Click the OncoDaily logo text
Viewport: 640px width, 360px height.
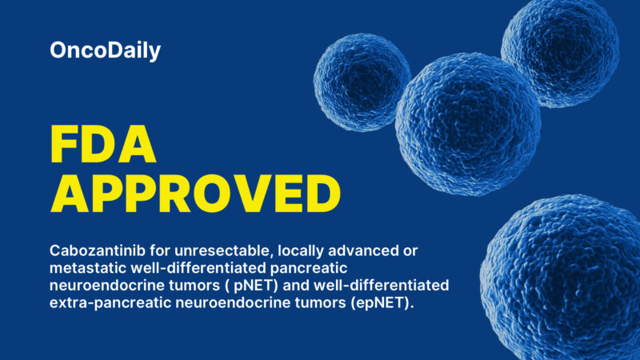tap(105, 51)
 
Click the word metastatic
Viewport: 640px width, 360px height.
tap(87, 269)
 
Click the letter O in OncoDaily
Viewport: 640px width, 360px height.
tap(58, 51)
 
